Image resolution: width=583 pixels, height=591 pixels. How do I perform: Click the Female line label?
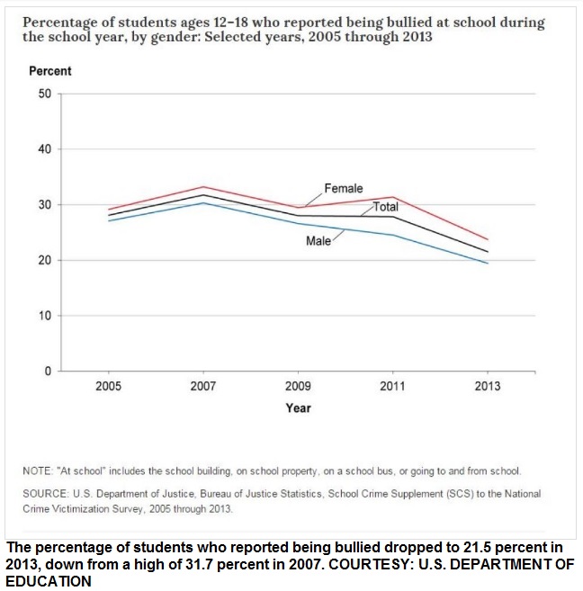(344, 188)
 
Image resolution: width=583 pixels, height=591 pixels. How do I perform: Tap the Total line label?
(386, 207)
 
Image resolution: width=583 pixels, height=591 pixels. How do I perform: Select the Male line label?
(318, 240)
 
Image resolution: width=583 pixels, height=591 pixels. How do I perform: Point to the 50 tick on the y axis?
(45, 94)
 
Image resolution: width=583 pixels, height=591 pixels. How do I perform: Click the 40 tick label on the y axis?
(45, 149)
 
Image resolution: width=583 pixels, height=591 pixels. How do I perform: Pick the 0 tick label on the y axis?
(48, 371)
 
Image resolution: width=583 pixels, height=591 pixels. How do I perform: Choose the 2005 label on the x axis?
(109, 386)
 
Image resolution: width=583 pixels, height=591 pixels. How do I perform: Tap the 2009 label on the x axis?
(298, 386)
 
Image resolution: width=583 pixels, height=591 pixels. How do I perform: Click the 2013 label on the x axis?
(488, 386)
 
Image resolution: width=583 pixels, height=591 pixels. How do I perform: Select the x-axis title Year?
(298, 407)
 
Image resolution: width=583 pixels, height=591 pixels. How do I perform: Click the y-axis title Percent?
(50, 71)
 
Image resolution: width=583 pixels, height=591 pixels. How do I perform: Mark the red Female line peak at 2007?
(203, 186)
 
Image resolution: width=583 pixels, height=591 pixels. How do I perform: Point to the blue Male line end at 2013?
(488, 263)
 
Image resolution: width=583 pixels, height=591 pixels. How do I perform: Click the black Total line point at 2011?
(393, 217)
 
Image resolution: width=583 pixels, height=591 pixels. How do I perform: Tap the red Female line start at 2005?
(109, 210)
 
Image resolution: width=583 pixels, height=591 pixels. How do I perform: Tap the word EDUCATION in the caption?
(49, 581)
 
